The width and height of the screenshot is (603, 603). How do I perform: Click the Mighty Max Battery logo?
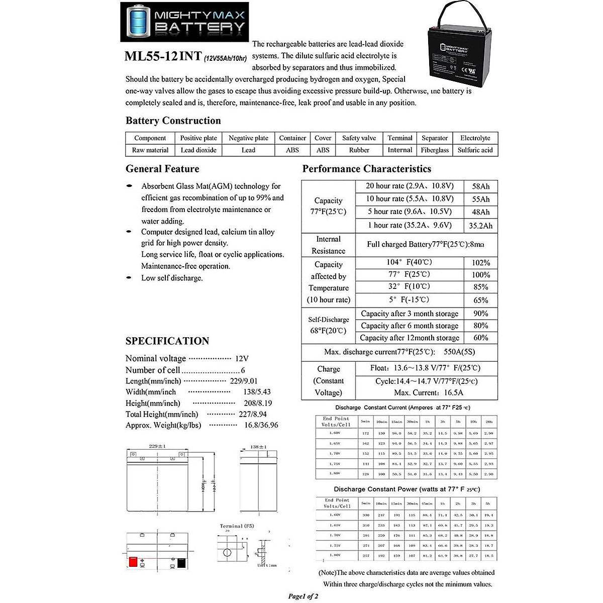click(184, 22)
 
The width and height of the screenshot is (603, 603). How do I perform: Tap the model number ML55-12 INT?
click(163, 56)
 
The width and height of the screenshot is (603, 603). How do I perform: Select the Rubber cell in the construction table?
click(359, 150)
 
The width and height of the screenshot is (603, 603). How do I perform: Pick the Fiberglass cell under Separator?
click(435, 150)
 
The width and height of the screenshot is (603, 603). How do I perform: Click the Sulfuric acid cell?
click(475, 150)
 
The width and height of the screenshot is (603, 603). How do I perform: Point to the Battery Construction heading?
click(173, 121)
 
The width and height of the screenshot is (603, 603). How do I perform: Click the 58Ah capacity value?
click(480, 186)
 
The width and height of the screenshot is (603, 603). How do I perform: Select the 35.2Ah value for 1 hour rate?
click(480, 226)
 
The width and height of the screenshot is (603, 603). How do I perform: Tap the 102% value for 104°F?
click(480, 262)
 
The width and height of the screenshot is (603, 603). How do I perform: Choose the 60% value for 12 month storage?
click(480, 338)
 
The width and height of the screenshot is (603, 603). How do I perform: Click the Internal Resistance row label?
click(328, 245)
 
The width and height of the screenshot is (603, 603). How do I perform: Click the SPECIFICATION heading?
click(167, 341)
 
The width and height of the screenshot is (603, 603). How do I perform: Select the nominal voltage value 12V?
click(242, 359)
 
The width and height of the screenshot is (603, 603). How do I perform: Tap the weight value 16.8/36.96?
click(261, 425)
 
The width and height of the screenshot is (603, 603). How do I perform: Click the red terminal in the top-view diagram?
click(133, 562)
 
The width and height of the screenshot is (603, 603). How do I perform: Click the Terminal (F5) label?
click(237, 526)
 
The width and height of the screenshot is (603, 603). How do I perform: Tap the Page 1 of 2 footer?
click(303, 596)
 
